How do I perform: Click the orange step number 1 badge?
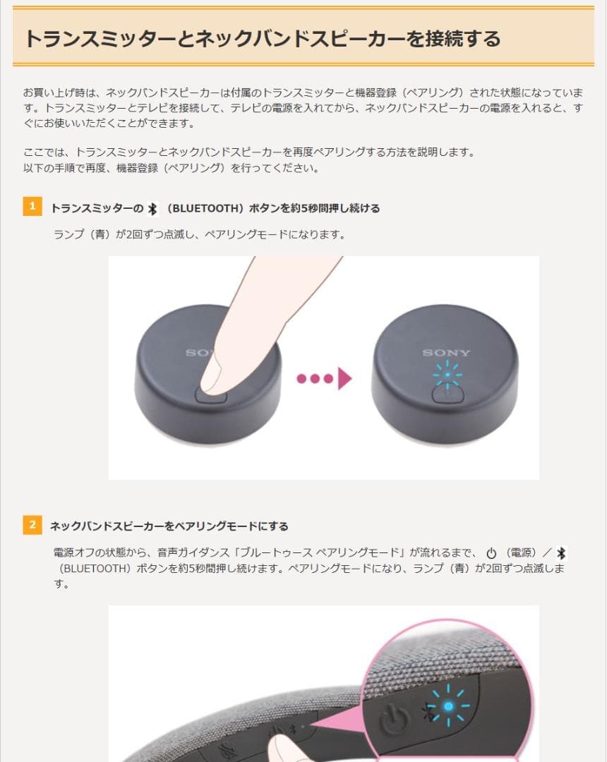[x=32, y=207]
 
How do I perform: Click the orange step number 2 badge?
[x=32, y=525]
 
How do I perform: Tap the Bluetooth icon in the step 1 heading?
[x=152, y=208]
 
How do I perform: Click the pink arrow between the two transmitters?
[x=344, y=379]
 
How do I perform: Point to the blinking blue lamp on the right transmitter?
[x=446, y=375]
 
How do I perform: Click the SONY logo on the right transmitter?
[x=446, y=353]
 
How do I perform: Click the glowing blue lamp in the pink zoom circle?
[x=447, y=706]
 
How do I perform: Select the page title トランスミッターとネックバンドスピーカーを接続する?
[x=262, y=38]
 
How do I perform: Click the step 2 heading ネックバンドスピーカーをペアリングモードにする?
[x=169, y=526]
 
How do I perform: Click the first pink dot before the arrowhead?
[x=302, y=379]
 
